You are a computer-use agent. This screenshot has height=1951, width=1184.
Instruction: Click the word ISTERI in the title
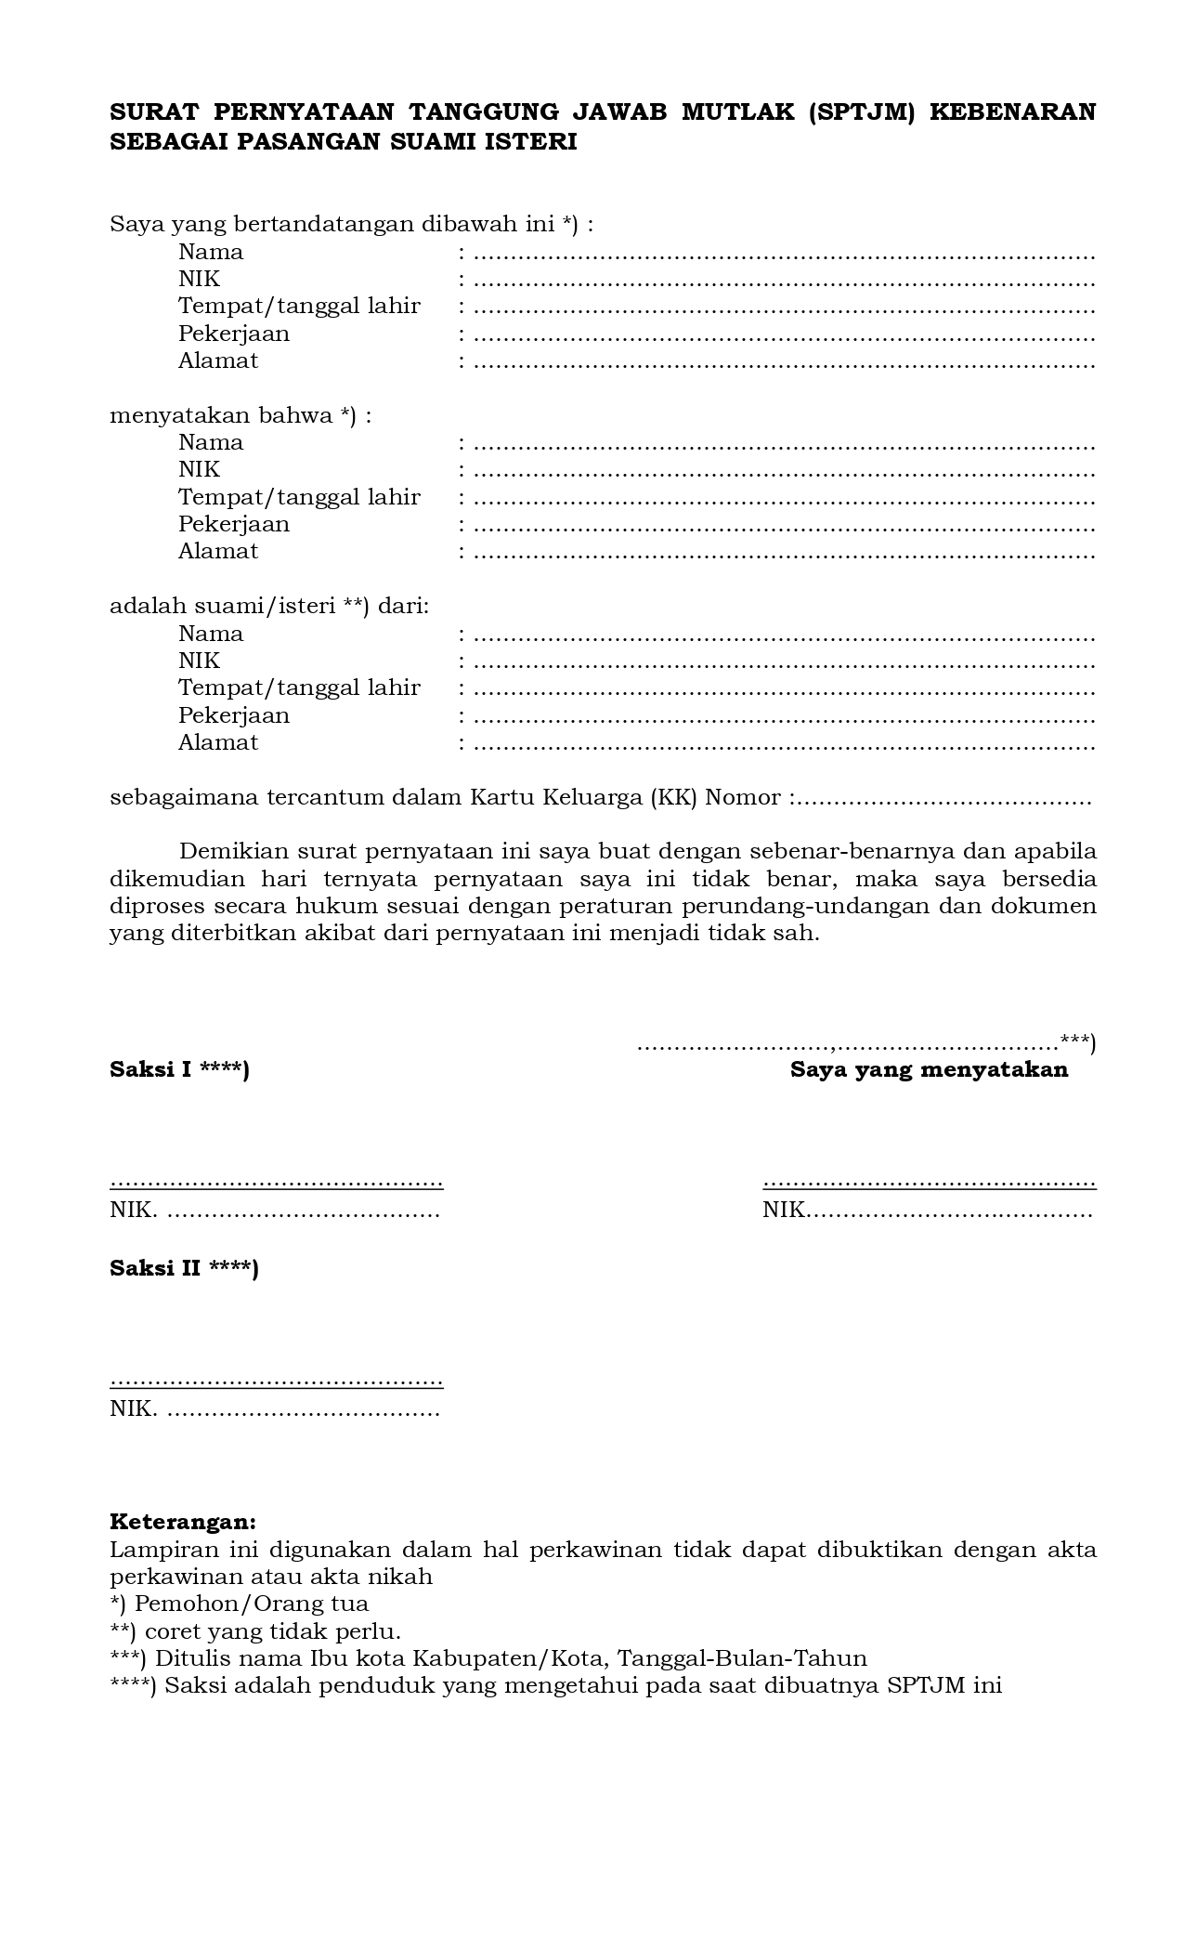point(532,142)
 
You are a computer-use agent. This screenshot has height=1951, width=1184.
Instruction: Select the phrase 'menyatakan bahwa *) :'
point(241,415)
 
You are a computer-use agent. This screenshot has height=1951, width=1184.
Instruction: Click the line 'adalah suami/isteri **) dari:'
point(269,607)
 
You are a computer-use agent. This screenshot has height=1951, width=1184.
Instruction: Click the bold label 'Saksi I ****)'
point(179,1069)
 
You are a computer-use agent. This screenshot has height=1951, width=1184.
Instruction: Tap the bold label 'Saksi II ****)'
point(184,1268)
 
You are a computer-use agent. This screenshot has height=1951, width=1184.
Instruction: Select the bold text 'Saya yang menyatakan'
point(929,1069)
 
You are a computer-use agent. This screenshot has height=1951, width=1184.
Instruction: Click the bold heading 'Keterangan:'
point(182,1522)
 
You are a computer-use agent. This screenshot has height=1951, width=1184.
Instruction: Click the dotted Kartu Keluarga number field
point(943,798)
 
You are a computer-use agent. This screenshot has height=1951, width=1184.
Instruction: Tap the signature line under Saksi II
point(276,1381)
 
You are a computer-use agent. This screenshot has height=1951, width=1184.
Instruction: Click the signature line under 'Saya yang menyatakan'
point(929,1183)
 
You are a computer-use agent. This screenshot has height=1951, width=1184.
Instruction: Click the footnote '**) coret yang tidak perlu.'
point(255,1631)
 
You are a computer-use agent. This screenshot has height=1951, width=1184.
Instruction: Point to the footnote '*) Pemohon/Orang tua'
point(239,1604)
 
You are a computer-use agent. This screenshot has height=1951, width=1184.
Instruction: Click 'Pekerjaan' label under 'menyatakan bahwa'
point(234,524)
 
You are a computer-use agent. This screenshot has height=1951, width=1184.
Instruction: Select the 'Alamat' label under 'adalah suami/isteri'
point(218,742)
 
